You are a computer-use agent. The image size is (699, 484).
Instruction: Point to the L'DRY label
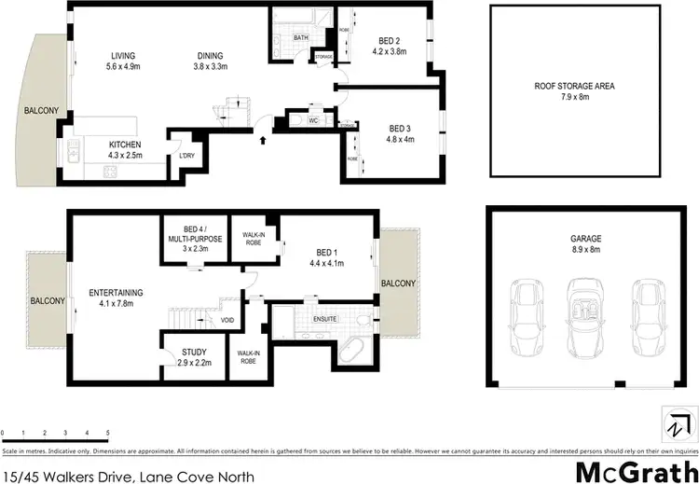186,156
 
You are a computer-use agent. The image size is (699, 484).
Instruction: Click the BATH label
300,38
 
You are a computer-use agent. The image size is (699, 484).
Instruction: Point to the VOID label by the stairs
227,321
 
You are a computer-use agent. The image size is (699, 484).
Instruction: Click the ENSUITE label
324,319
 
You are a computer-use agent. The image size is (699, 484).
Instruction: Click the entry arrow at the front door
264,139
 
